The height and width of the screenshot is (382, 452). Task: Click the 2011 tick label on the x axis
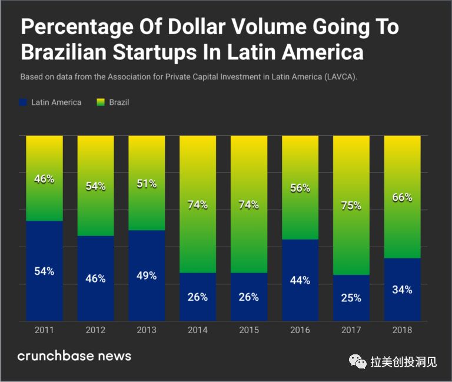tap(44, 330)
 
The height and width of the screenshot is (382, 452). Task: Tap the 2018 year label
tap(403, 330)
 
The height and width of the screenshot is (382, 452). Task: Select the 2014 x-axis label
tap(198, 330)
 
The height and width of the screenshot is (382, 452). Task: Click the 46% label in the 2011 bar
tap(44, 179)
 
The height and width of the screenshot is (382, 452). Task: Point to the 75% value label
tap(351, 205)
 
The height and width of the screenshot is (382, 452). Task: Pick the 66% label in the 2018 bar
tap(403, 197)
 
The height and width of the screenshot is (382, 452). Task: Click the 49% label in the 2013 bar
tap(147, 275)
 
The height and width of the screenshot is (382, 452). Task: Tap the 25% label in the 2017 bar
tap(351, 298)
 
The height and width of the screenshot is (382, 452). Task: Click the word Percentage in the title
tap(77, 28)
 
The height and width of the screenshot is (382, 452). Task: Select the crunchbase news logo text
tap(74, 356)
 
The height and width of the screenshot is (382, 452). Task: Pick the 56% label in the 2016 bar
tap(300, 188)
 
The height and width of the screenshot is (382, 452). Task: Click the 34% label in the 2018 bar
tap(403, 290)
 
